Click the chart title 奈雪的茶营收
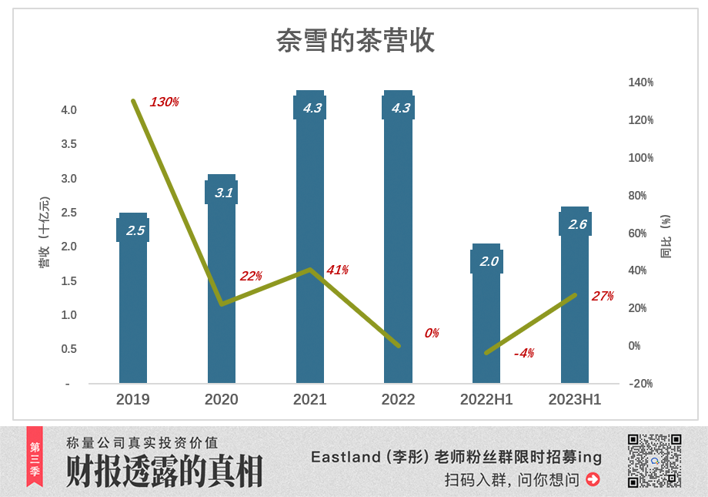tap(356, 41)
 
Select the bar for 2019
tap(133, 308)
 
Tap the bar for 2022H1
tap(486, 324)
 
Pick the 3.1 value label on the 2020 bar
tap(222, 193)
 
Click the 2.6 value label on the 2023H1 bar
tap(576, 224)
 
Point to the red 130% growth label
tap(164, 102)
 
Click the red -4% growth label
tap(524, 353)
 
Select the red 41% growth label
tap(337, 270)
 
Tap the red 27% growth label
tap(603, 296)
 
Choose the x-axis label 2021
tap(309, 399)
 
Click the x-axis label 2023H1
tap(574, 399)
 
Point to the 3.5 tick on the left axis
tap(69, 144)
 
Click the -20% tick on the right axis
tap(640, 384)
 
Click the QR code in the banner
tap(654, 461)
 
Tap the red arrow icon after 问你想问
tap(593, 479)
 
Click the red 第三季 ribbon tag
tap(35, 455)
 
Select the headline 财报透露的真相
tap(164, 471)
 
